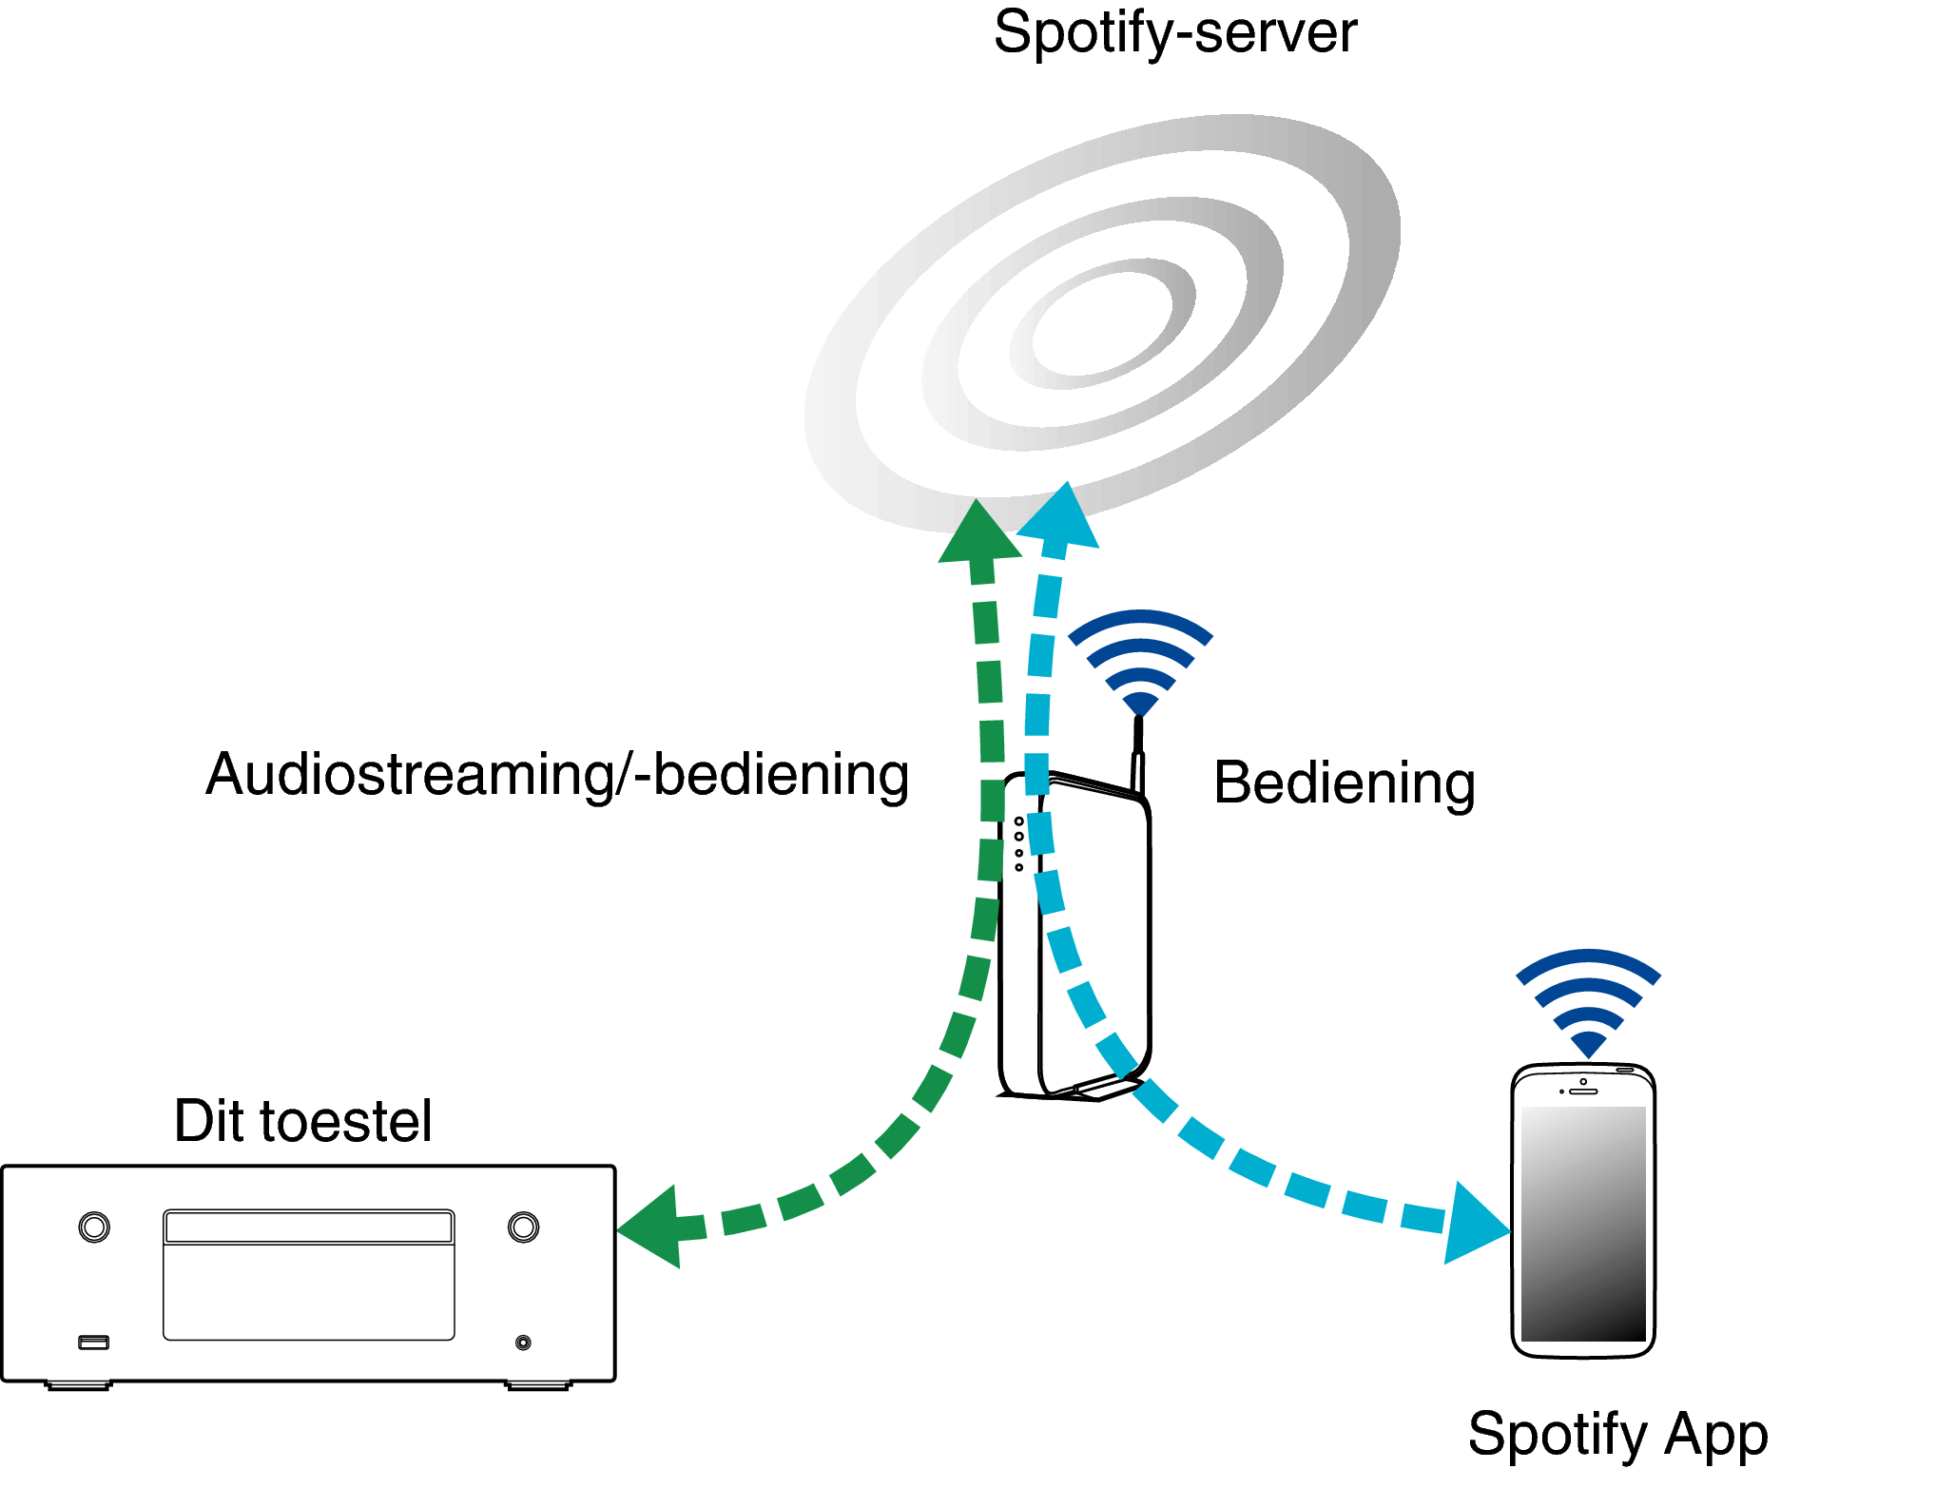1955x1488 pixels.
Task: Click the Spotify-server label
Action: coord(1174,34)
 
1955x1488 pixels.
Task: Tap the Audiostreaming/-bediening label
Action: coord(557,775)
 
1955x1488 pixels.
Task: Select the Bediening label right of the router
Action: coord(1344,783)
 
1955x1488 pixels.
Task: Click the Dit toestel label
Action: coord(302,1121)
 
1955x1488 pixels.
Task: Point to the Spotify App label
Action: coord(1616,1434)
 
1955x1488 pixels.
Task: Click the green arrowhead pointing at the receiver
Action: coord(654,1227)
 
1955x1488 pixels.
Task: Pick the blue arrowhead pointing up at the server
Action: coord(1061,518)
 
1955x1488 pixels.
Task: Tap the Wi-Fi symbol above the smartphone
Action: coord(1588,998)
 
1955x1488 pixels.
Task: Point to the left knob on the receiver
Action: coord(94,1227)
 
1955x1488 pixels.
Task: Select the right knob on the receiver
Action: coord(523,1227)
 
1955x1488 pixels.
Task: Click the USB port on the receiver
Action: coord(93,1343)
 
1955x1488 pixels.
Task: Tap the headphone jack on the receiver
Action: coord(523,1343)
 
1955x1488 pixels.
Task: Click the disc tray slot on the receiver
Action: coord(308,1227)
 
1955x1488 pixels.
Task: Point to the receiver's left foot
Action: coord(78,1386)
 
